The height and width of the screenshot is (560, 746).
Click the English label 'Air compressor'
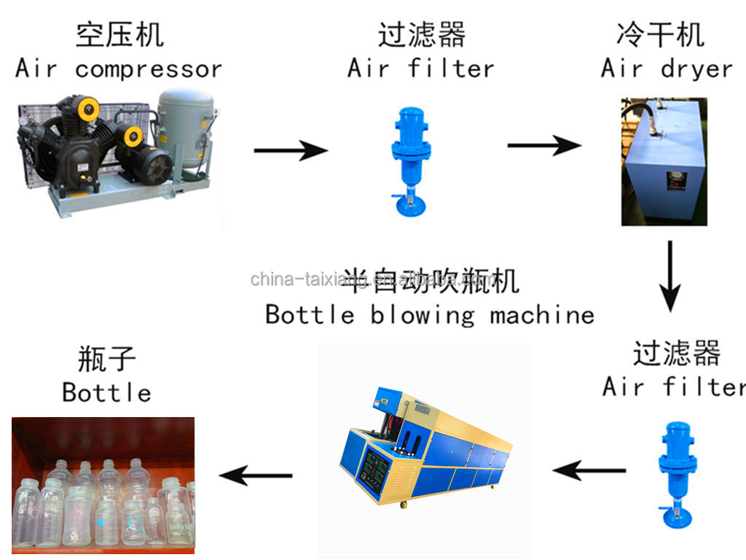coord(119,69)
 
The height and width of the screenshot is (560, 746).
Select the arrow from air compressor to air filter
coord(290,151)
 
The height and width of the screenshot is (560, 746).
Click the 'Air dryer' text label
coord(666,69)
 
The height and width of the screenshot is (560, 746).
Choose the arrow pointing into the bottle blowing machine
coord(589,470)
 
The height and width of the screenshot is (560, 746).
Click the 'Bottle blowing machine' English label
coord(430,314)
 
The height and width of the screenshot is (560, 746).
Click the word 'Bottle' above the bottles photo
coord(106,392)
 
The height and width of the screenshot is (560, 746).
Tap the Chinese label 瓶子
coord(106,359)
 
